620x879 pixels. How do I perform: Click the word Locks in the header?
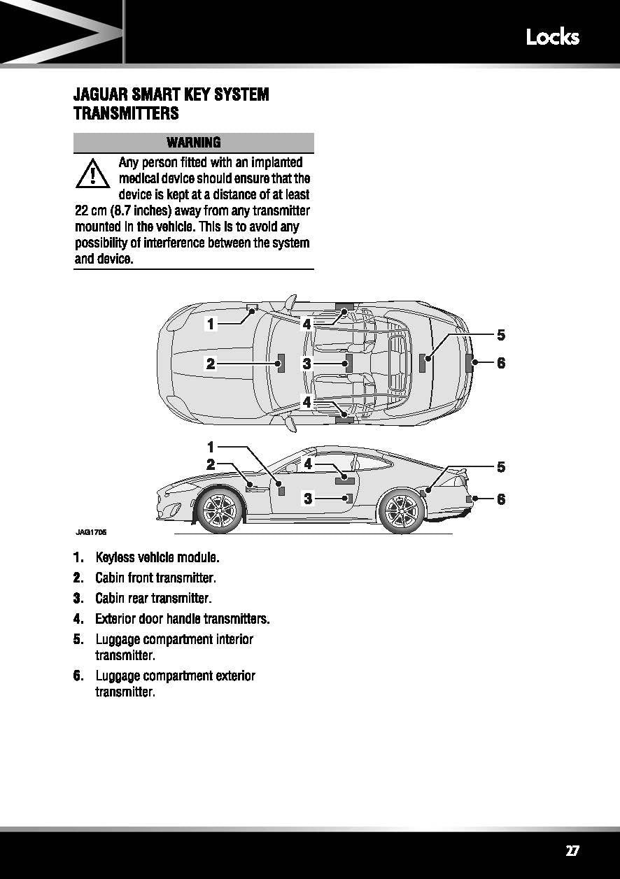[552, 36]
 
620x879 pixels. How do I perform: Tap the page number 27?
[572, 850]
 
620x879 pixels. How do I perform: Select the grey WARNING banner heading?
[194, 143]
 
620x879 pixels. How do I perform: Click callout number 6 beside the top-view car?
[501, 363]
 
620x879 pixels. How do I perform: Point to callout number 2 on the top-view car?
[210, 363]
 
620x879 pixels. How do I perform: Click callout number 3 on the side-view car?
[307, 499]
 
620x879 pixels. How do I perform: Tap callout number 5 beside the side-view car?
[501, 466]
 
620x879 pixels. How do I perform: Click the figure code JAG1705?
[91, 532]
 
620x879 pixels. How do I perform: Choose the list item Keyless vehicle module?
[157, 558]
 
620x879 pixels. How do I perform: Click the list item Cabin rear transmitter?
[153, 599]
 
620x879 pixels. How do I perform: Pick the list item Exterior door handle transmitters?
[182, 619]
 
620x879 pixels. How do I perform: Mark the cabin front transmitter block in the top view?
[281, 363]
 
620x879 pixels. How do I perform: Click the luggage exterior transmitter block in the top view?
[469, 363]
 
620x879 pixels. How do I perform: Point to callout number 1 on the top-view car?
[210, 323]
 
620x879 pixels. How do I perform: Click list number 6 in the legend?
[78, 676]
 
